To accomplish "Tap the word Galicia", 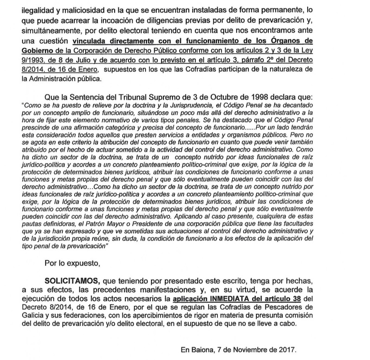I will (x=33, y=318).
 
